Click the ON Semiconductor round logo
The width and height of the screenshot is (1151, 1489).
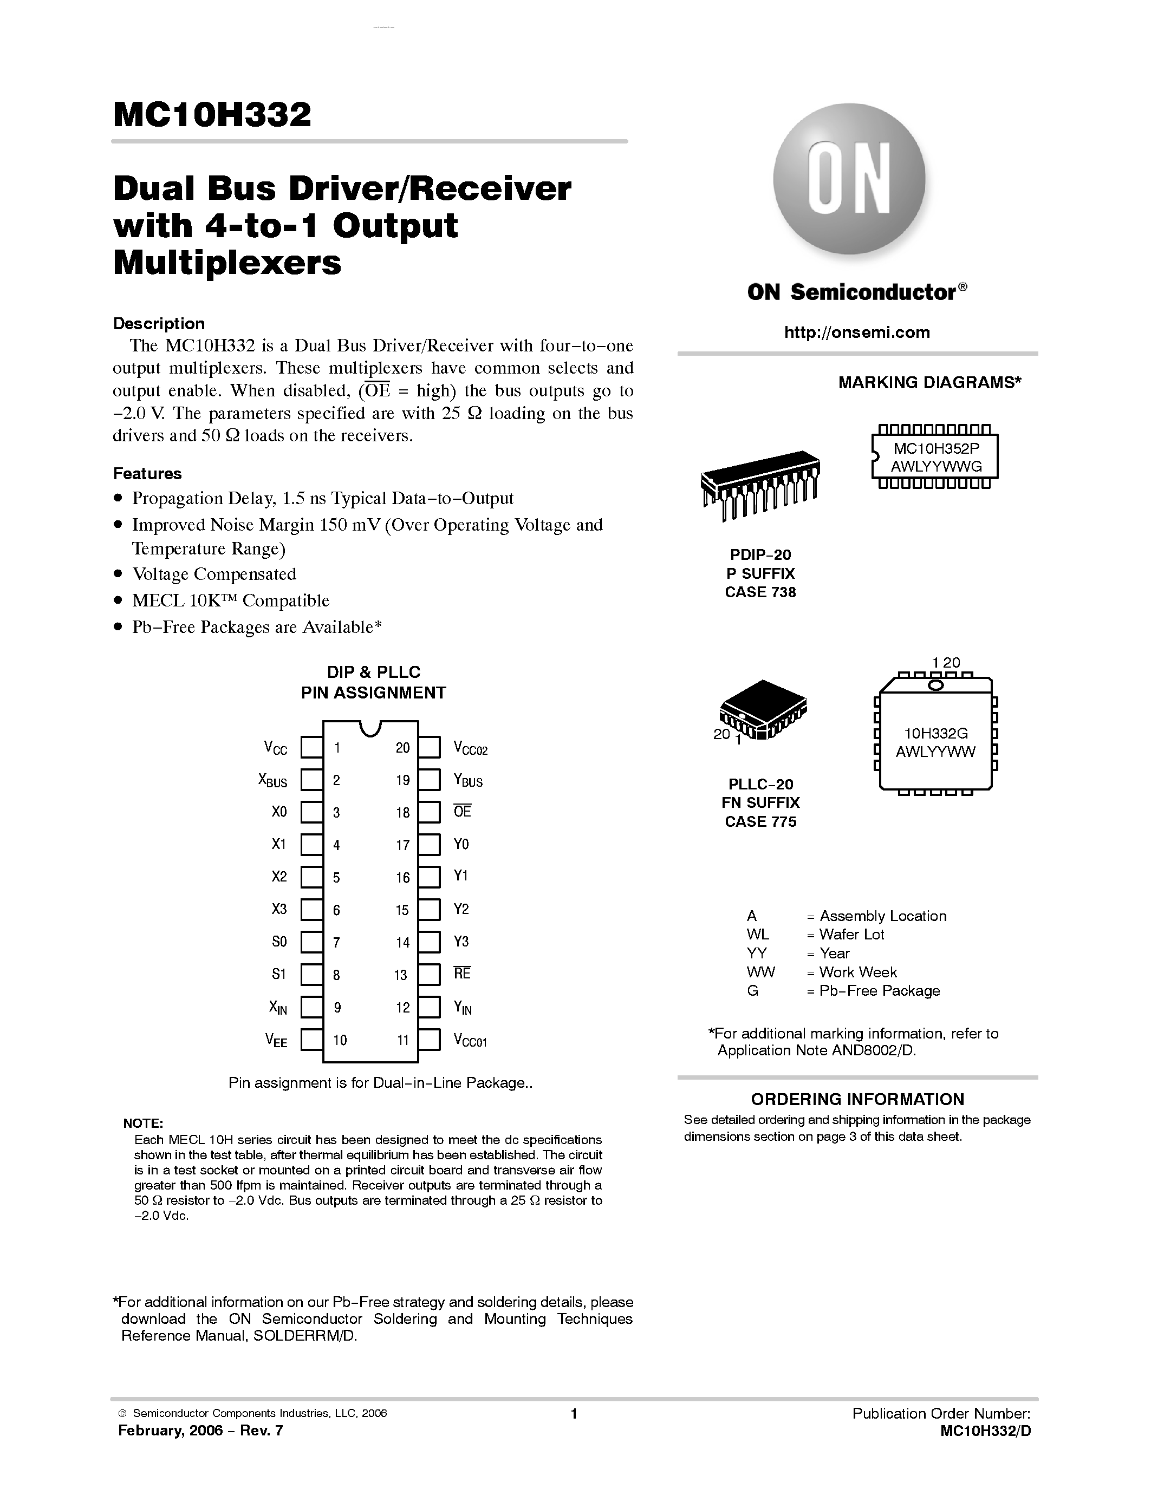[849, 179]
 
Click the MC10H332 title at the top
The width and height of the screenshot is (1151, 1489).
[212, 115]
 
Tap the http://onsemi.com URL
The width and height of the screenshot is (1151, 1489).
[856, 332]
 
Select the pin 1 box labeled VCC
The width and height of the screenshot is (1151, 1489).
[311, 747]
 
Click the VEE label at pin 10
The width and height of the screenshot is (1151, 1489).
[276, 1040]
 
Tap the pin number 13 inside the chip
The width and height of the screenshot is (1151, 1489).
[401, 975]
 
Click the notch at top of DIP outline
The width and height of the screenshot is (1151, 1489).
[369, 728]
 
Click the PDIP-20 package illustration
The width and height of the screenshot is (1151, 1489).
[759, 484]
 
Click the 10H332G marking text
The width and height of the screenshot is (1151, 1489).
[936, 734]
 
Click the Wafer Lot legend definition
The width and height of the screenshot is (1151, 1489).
[851, 935]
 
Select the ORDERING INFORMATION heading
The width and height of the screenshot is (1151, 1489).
[857, 1099]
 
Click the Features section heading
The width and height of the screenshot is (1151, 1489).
[147, 473]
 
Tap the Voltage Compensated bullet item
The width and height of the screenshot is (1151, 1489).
[214, 574]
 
